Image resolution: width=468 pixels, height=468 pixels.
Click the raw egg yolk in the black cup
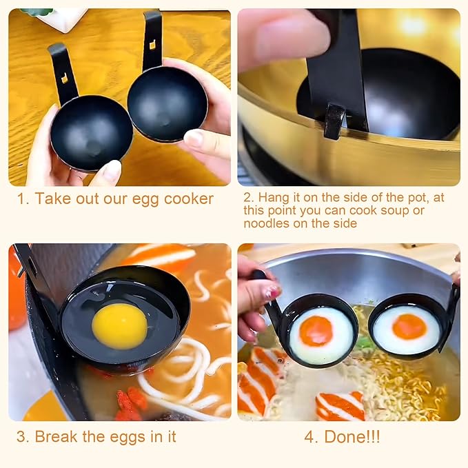click(x=120, y=326)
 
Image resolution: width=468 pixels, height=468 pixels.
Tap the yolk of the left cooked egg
click(x=316, y=331)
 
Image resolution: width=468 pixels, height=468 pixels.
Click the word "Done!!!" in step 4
click(x=352, y=437)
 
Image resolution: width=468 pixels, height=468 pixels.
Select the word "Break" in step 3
click(x=56, y=437)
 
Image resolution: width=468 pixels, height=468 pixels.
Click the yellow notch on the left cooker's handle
click(x=65, y=79)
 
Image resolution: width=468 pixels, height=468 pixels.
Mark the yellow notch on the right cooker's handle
click(x=152, y=45)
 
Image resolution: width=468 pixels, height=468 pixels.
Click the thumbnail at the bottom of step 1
click(x=108, y=172)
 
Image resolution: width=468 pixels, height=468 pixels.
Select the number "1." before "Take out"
click(x=23, y=199)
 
